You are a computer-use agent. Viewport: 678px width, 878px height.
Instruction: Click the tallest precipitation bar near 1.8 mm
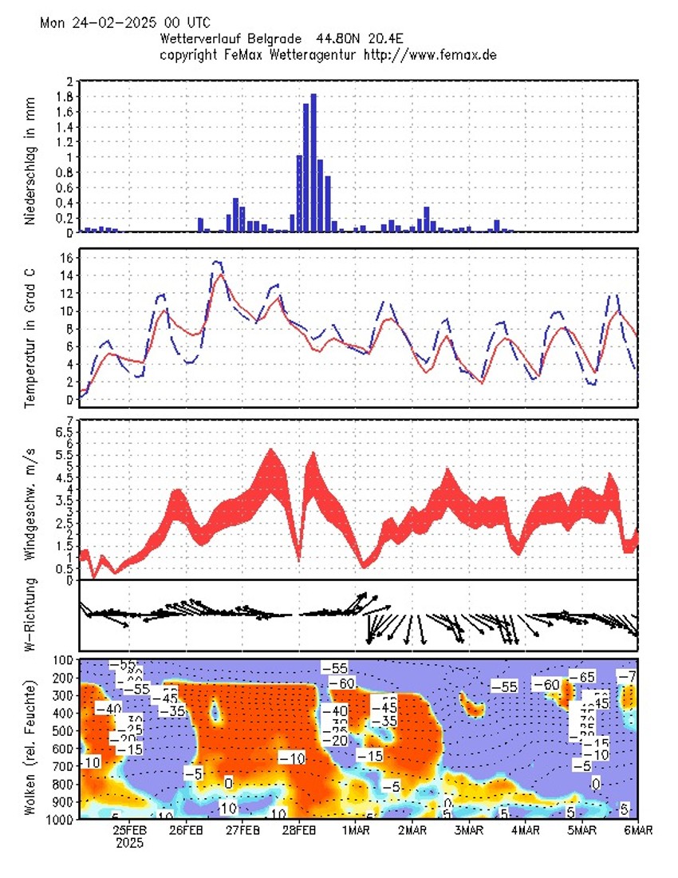click(313, 163)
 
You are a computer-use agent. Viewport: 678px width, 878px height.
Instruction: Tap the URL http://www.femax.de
click(430, 54)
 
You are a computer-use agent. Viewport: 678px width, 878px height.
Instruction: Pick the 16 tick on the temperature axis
click(67, 258)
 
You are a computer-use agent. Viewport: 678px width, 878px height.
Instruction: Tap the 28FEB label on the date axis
click(299, 831)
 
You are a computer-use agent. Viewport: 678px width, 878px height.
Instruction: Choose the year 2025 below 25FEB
click(130, 843)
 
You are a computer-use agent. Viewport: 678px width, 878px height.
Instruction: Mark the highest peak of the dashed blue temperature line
click(218, 262)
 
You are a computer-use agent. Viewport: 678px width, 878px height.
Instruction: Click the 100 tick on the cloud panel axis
click(63, 660)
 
